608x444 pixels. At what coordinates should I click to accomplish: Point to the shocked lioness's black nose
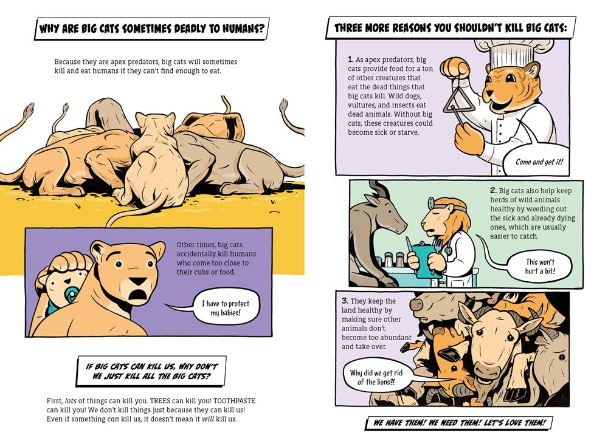pyautogui.click(x=137, y=282)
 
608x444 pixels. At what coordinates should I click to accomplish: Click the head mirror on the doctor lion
pyautogui.click(x=431, y=202)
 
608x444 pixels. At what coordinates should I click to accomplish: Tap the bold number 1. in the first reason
pyautogui.click(x=351, y=60)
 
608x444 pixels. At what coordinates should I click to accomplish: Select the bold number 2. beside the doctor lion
pyautogui.click(x=493, y=190)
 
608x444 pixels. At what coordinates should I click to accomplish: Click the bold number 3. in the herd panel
pyautogui.click(x=345, y=301)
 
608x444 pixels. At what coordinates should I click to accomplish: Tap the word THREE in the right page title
pyautogui.click(x=348, y=28)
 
